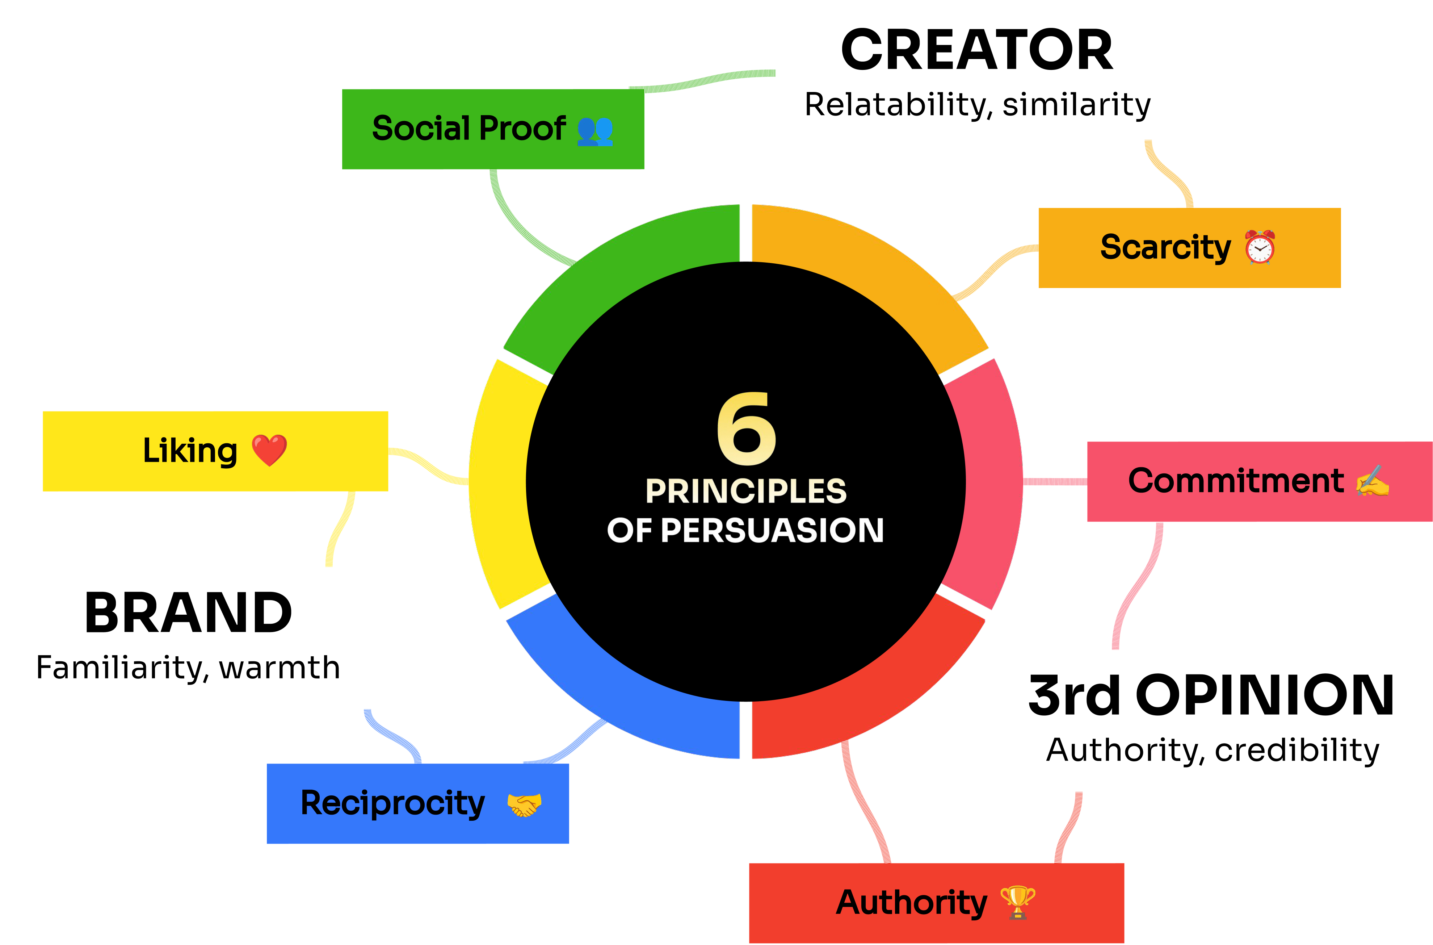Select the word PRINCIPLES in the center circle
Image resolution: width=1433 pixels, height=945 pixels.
[746, 491]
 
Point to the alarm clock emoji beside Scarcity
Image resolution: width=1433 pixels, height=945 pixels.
[1260, 247]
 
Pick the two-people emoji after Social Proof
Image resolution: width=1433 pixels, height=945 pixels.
[594, 130]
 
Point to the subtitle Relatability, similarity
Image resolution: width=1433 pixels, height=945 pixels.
[977, 105]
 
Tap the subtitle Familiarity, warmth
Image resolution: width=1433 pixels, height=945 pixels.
[188, 668]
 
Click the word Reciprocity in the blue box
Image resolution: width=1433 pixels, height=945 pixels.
[393, 803]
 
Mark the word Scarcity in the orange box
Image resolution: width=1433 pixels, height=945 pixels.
[1165, 247]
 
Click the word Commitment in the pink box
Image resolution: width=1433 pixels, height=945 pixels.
[1235, 481]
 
